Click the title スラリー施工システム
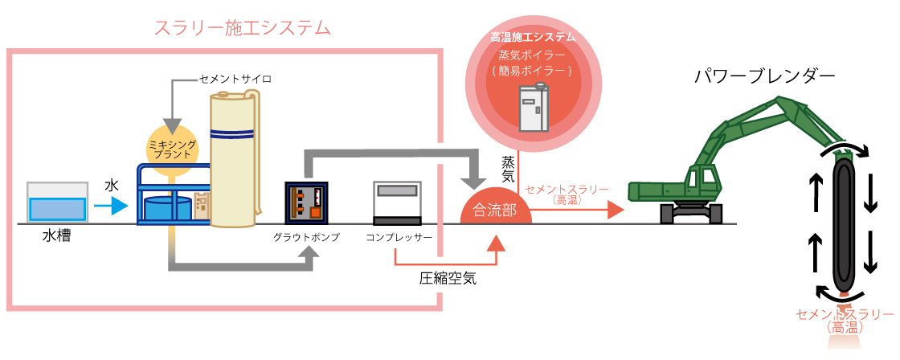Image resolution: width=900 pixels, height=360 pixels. click(242, 29)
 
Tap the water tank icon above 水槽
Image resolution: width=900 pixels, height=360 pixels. click(57, 202)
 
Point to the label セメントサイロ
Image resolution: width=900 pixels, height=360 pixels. click(235, 80)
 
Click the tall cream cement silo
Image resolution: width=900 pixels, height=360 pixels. click(234, 161)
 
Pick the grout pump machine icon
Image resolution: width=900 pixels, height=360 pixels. click(307, 202)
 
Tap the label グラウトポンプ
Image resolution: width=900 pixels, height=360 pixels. click(306, 238)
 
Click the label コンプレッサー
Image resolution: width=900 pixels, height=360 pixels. click(399, 238)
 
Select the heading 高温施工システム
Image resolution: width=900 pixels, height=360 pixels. click(533, 37)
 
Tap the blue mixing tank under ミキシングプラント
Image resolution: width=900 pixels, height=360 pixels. click(168, 211)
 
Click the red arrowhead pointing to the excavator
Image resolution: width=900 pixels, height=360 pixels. click(615, 211)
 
